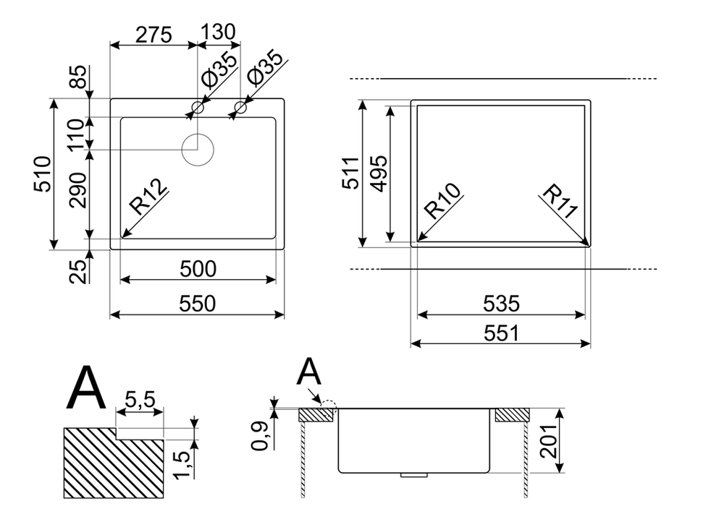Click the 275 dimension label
click(x=153, y=35)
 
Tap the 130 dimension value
click(x=218, y=33)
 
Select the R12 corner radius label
click(x=148, y=197)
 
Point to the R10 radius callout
click(x=443, y=200)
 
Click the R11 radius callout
click(x=560, y=201)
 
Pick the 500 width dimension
click(x=198, y=269)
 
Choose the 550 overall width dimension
click(x=197, y=304)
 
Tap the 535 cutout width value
click(x=501, y=304)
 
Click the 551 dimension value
click(x=501, y=333)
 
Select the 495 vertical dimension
click(x=379, y=173)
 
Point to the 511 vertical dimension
click(x=350, y=173)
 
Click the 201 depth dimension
click(x=549, y=441)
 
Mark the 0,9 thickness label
click(x=260, y=436)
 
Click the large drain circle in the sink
click(x=198, y=150)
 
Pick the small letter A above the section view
click(x=309, y=372)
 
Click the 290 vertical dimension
click(x=78, y=190)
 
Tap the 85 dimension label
click(x=78, y=77)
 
